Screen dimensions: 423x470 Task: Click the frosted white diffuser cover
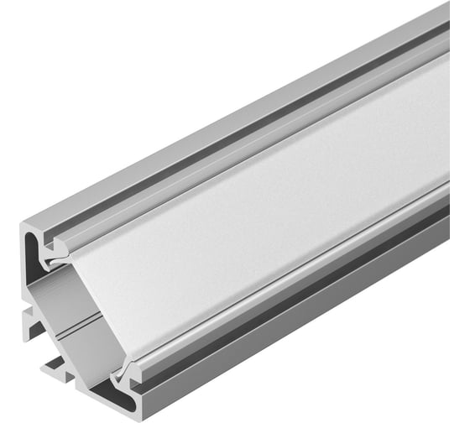pyautogui.click(x=277, y=210)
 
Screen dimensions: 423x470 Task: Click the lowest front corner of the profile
pyautogui.click(x=126, y=413)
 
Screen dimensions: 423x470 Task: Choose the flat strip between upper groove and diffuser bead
pyautogui.click(x=252, y=131)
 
